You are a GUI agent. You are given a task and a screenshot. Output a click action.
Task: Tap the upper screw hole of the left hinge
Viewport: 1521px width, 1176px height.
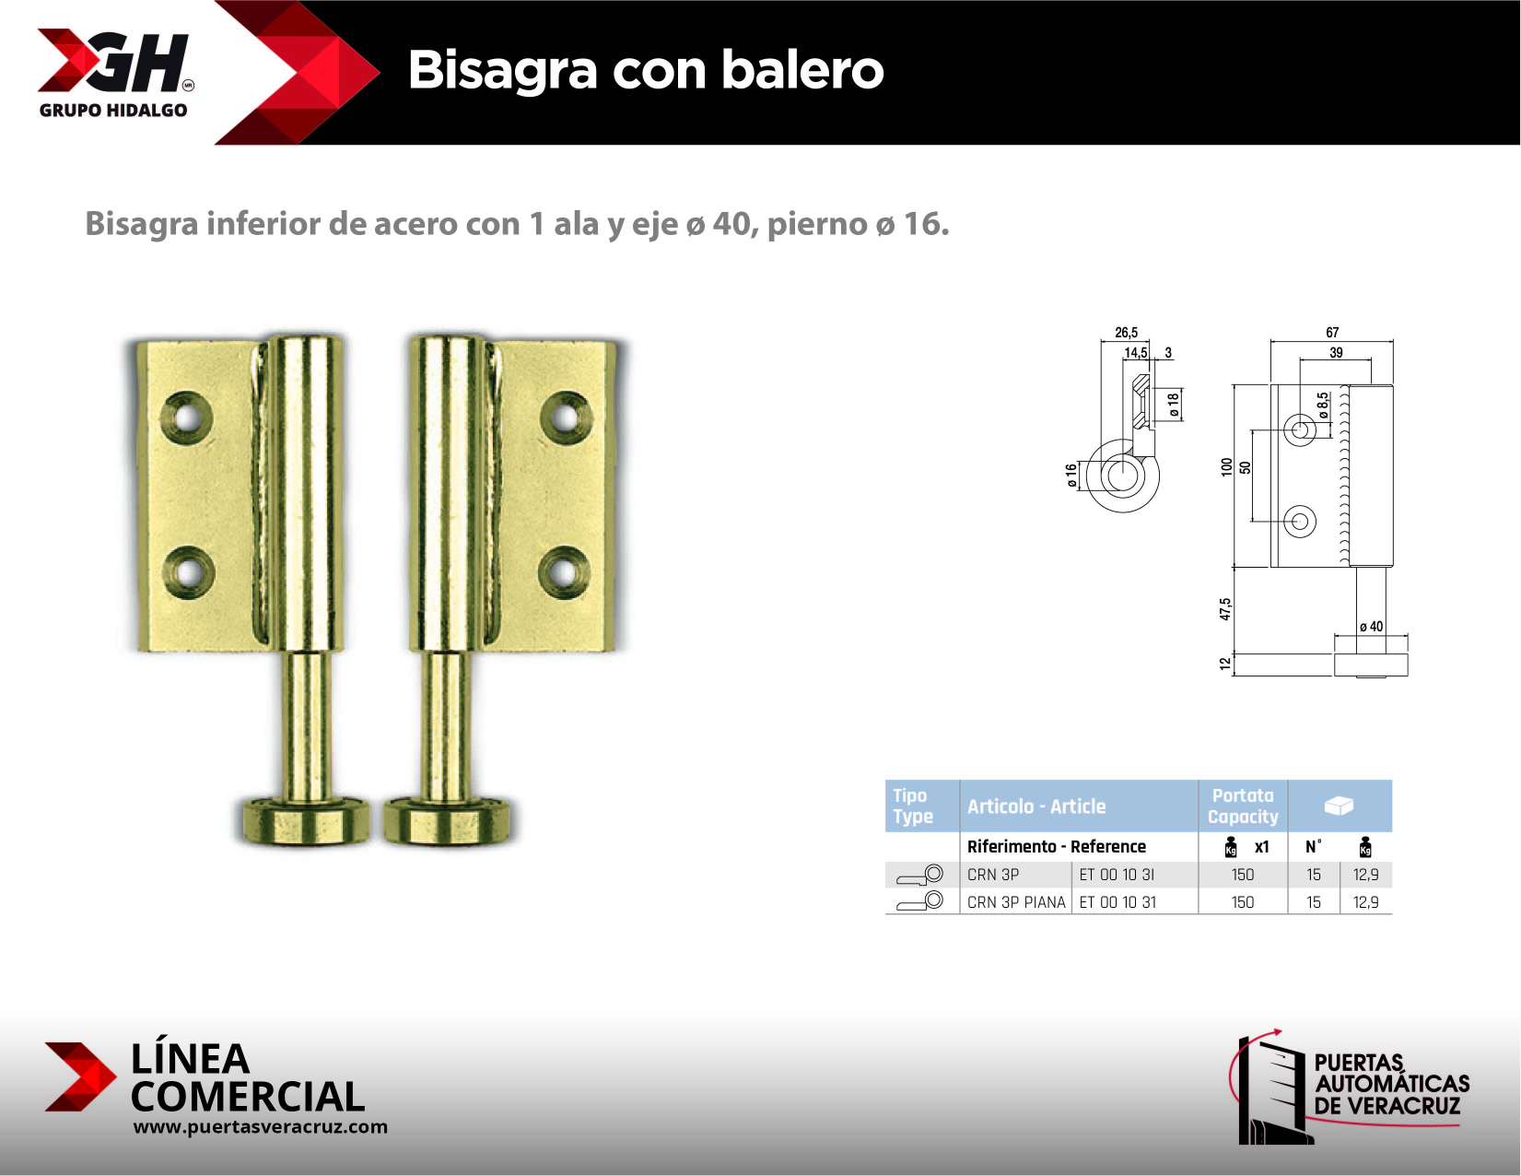(187, 417)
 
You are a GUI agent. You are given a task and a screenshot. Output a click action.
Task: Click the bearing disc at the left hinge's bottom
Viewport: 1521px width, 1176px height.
(305, 818)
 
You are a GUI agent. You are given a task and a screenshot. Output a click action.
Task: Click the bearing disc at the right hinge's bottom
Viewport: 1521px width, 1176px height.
(450, 818)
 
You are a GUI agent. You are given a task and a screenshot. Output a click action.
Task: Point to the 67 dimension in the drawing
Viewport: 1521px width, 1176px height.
(1331, 333)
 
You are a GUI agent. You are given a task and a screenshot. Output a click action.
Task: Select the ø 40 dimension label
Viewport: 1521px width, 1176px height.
(1371, 627)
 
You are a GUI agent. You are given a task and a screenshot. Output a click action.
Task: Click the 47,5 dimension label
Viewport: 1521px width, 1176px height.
(1225, 609)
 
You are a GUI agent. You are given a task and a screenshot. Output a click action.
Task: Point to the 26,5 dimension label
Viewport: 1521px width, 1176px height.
(1126, 333)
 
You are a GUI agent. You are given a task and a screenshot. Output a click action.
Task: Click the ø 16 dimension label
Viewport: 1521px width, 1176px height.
(1071, 476)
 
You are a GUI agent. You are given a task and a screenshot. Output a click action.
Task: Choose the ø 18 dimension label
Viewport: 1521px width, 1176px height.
(1173, 405)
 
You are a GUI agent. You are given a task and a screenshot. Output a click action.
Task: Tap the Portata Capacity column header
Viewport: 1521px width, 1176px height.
(1242, 806)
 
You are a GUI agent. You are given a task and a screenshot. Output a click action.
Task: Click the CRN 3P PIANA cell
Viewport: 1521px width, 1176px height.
(1015, 902)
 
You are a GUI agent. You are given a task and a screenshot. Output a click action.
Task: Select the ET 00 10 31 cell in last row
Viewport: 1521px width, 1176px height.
(1117, 902)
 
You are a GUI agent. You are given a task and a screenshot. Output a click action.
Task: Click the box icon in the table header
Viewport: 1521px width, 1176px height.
(1338, 806)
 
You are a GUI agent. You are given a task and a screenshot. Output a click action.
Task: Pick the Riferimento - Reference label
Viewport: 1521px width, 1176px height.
(1056, 846)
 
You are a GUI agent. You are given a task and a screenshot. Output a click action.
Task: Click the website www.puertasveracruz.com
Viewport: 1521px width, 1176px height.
(260, 1126)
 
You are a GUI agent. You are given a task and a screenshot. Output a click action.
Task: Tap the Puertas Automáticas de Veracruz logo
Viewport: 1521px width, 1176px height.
(1351, 1088)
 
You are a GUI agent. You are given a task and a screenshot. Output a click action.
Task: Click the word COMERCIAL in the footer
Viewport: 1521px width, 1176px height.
(247, 1097)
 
